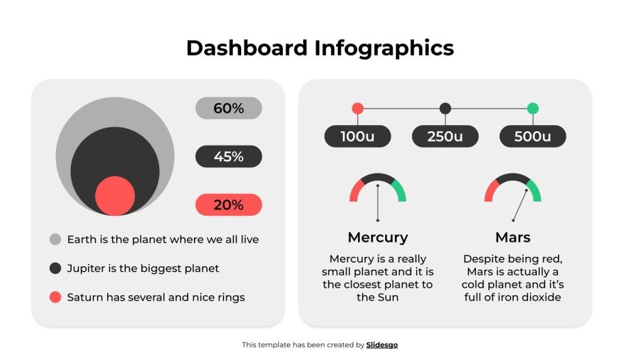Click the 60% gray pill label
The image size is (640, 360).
[x=228, y=108]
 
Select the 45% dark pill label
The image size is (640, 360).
[x=228, y=156]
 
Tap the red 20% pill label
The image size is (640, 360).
[x=228, y=205]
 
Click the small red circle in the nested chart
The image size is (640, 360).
[x=115, y=195]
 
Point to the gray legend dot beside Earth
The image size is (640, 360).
[x=55, y=240]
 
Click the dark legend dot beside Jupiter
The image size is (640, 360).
[x=55, y=268]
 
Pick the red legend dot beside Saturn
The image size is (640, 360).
[x=55, y=297]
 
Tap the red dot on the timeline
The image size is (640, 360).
[x=357, y=108]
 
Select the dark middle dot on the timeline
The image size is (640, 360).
[x=445, y=108]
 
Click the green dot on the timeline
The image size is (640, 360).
[x=533, y=108]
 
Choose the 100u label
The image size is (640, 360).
[x=357, y=137]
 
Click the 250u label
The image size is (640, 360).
[x=445, y=137]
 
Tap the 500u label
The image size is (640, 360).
[x=533, y=137]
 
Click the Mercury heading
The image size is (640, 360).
[x=378, y=238]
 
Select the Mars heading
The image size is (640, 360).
[x=513, y=238]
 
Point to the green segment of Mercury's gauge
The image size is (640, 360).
[x=401, y=191]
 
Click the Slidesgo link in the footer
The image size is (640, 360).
[x=382, y=345]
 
